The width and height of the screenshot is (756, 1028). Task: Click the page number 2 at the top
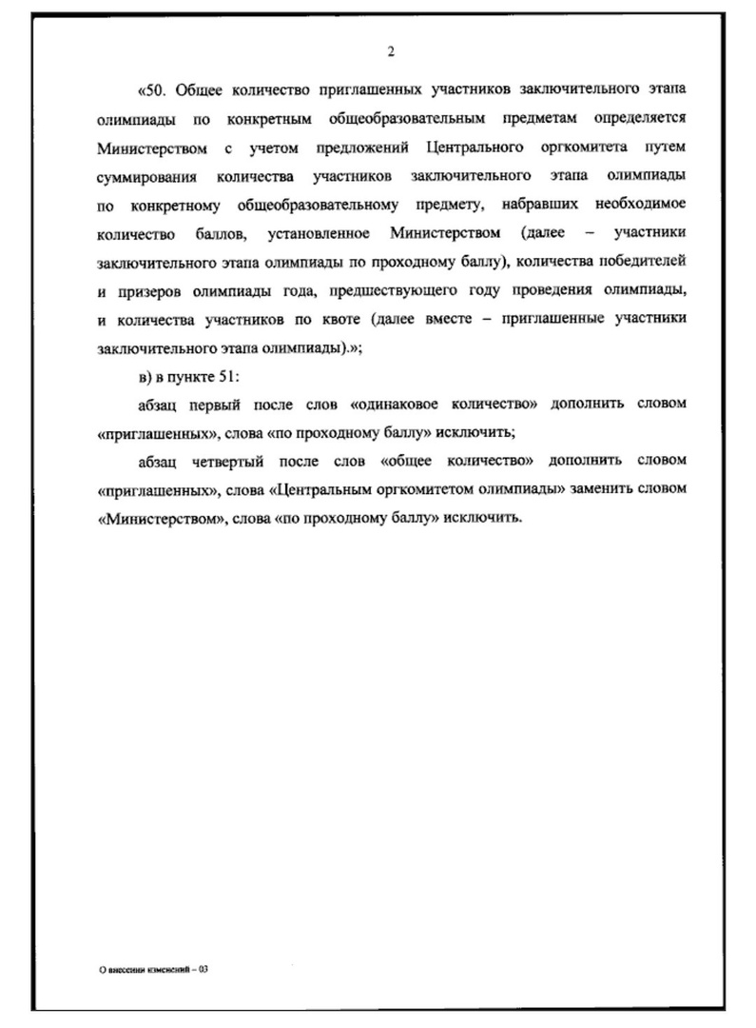391,51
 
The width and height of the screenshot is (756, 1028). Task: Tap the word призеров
145,291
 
